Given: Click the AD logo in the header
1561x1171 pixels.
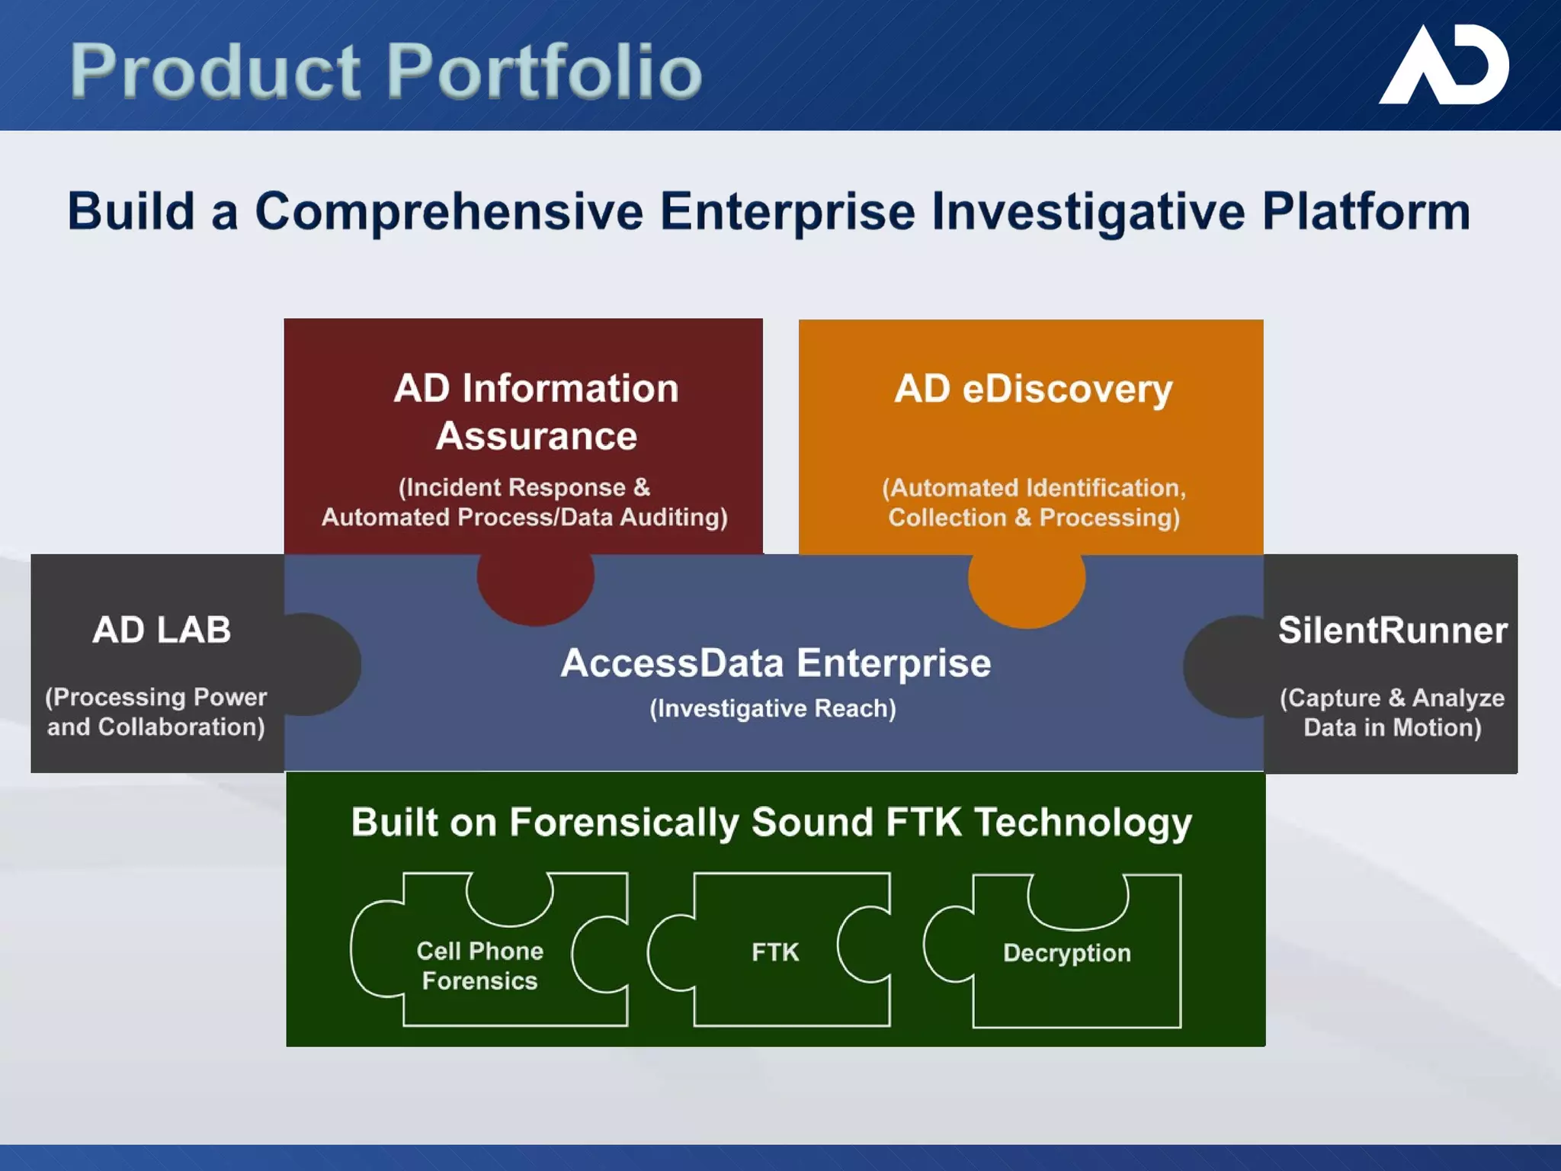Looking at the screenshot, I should [1444, 65].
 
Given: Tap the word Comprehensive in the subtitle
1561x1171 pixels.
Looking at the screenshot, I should [449, 211].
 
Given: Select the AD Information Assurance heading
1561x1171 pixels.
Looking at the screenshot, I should [536, 412].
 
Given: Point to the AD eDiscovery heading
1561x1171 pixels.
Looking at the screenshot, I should [1033, 389].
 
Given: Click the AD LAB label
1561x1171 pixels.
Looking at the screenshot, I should [162, 630].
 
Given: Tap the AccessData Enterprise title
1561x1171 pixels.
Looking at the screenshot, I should [775, 662].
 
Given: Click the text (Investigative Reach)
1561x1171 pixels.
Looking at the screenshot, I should [773, 708].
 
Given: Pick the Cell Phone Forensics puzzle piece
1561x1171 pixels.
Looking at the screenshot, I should [480, 965].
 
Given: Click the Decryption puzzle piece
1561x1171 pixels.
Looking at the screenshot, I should [1066, 953].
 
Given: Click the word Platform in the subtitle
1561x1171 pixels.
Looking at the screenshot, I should [1366, 211].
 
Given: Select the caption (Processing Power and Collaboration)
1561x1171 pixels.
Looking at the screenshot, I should [156, 712].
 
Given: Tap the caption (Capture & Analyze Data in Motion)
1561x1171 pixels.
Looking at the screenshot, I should [1392, 713].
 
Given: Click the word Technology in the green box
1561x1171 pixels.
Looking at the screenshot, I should [1083, 823].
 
